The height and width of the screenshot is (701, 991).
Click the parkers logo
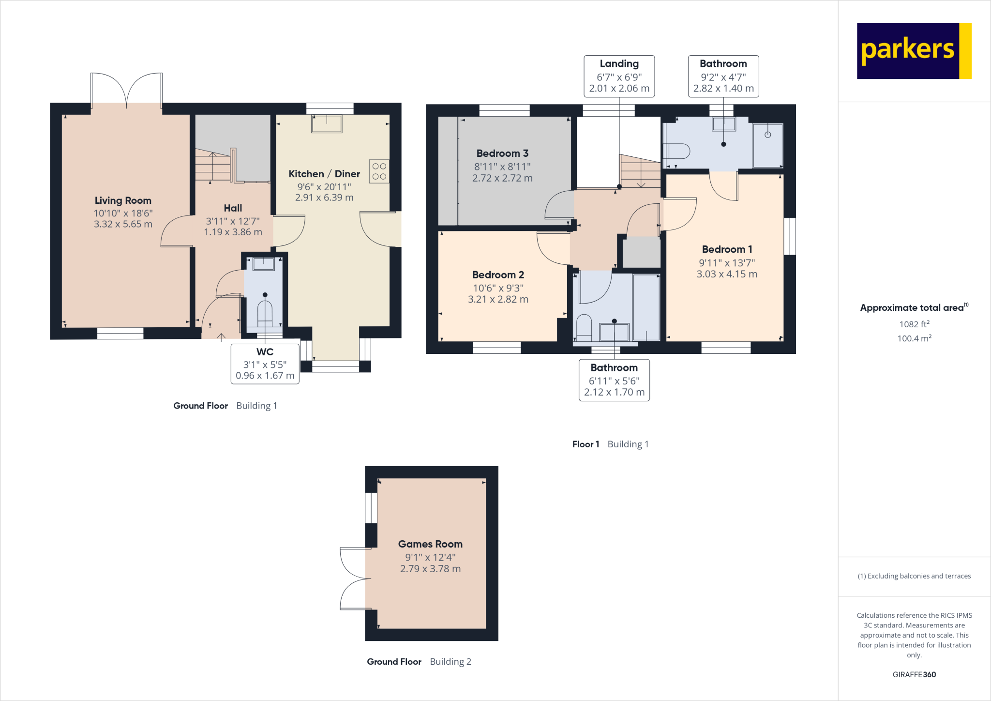coord(914,51)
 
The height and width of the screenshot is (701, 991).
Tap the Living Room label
coord(123,200)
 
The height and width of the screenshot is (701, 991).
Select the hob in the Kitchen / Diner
coord(379,171)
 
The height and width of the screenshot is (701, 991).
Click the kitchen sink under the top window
coord(327,123)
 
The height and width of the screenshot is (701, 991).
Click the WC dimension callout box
coord(265,364)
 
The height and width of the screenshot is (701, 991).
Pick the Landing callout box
coord(619,76)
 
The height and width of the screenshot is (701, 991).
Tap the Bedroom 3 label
coord(502,153)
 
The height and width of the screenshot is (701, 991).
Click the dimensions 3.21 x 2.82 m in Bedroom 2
coord(498,299)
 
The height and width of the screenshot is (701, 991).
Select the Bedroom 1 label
coord(727,249)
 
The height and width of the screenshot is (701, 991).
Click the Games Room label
coord(430,544)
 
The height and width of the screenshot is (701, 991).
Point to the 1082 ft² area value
coord(914,324)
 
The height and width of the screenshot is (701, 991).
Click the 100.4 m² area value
coord(914,338)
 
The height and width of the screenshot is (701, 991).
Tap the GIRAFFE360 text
coord(914,674)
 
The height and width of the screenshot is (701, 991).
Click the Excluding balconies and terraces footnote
coord(914,576)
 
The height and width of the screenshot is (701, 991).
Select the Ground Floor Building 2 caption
coord(419,661)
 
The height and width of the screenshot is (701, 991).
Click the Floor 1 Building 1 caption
coord(610,444)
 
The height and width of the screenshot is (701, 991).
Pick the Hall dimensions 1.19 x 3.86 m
coord(233,232)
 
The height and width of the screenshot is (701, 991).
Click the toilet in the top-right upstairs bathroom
coord(677,152)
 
